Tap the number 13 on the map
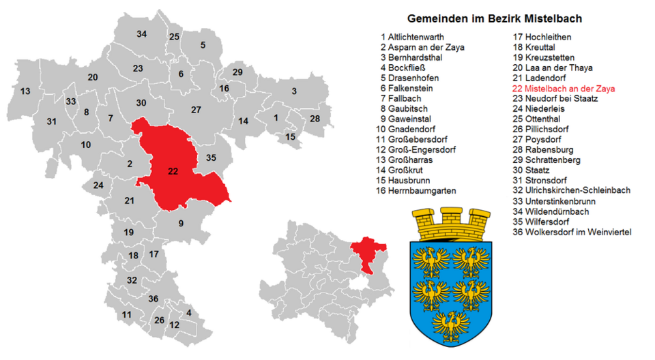click(25, 91)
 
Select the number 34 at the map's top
click(141, 34)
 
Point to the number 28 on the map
click(315, 119)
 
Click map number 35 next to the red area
click(211, 158)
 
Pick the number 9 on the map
click(181, 223)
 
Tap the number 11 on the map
click(126, 314)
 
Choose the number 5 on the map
click(203, 45)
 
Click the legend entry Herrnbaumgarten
click(418, 190)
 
